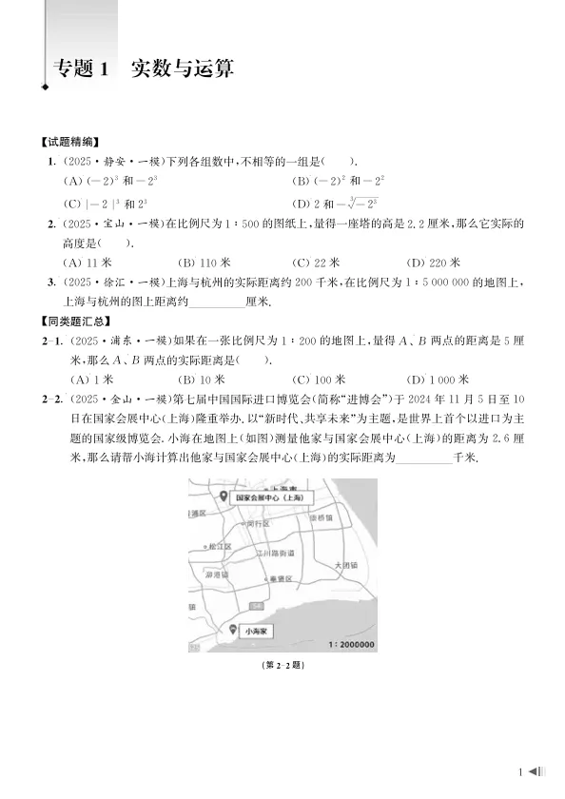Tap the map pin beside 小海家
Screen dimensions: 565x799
[234, 630]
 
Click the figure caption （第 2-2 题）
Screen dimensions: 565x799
[282, 666]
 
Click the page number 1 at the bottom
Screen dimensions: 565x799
[521, 771]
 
